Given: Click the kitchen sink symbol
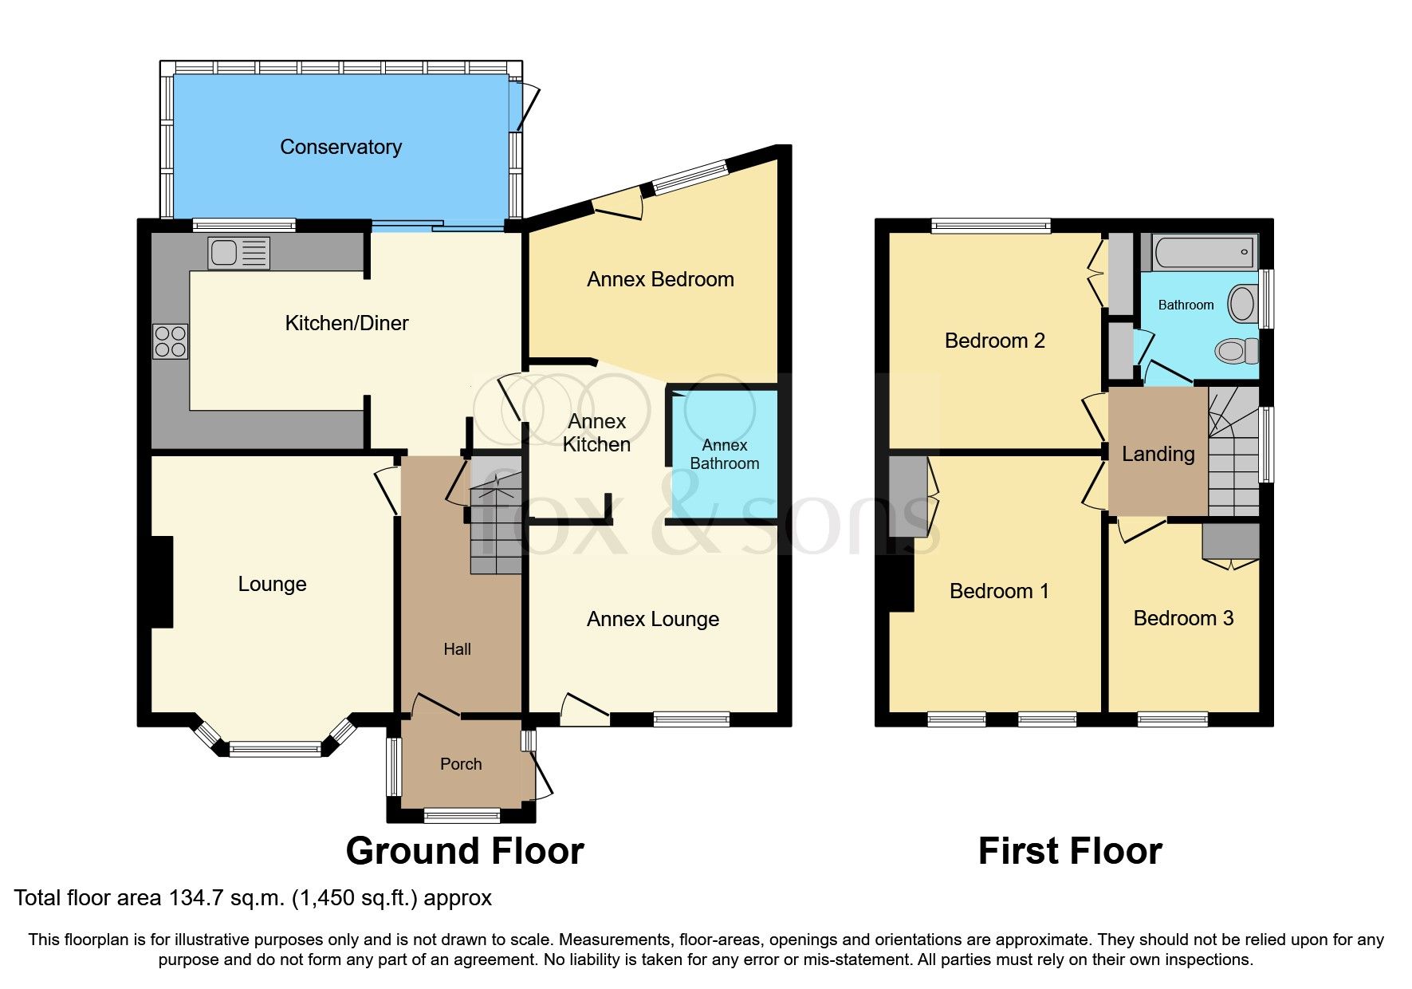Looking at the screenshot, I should coord(238,253).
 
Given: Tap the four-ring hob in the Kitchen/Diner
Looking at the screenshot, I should coord(171,341).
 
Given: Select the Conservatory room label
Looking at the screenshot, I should coord(340,147).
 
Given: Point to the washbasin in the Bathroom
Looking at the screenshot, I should coord(1241,304).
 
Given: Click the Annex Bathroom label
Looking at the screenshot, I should coord(724,454).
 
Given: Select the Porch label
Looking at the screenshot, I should coord(461,764).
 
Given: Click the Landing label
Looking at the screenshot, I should coord(1158,454).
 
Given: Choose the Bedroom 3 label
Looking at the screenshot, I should coord(1183,618).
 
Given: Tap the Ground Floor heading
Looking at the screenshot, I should coord(465,851).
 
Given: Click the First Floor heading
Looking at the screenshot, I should coord(1069,851).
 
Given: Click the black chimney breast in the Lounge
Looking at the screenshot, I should coord(163,581).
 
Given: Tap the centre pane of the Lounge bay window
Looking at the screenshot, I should coord(275,749).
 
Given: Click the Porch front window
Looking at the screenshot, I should coord(462,814).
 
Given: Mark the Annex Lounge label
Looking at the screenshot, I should coord(652,619).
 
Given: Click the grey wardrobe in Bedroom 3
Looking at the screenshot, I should coord(1230,541).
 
